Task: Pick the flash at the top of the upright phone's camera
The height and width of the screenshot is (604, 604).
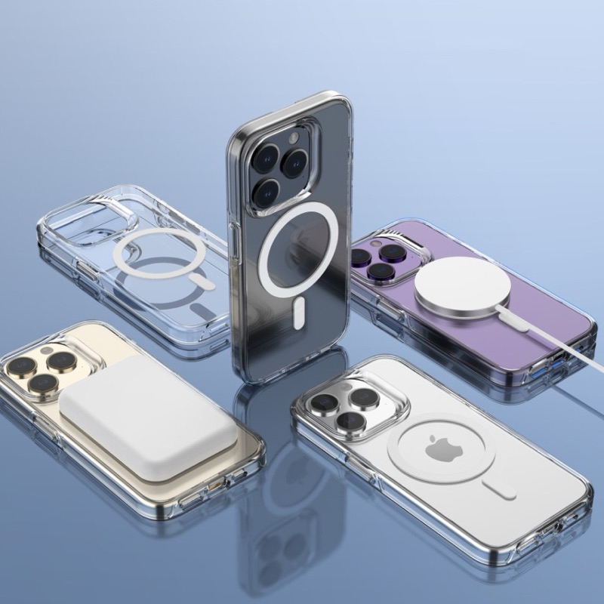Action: pos(293,139)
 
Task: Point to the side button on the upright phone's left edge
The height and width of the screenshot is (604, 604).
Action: pos(234,242)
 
